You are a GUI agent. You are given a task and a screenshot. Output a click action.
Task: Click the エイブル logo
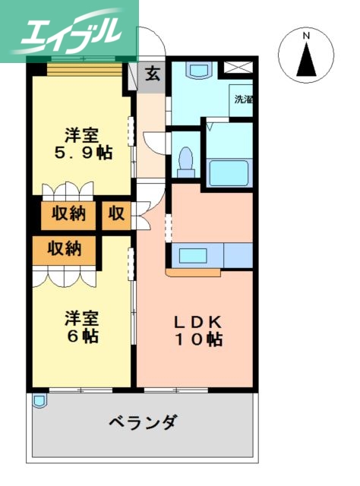pyautogui.click(x=69, y=30)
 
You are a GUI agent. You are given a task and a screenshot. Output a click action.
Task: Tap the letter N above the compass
pyautogui.click(x=306, y=36)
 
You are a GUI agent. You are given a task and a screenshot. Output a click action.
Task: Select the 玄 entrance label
pyautogui.click(x=153, y=74)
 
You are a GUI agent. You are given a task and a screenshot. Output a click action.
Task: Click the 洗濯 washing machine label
pyautogui.click(x=242, y=99)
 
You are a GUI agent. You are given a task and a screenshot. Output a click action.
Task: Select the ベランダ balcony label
pyautogui.click(x=143, y=421)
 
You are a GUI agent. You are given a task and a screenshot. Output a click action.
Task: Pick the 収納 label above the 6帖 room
pyautogui.click(x=65, y=248)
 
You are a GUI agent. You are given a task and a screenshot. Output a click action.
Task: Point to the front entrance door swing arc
pyautogui.click(x=150, y=47)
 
